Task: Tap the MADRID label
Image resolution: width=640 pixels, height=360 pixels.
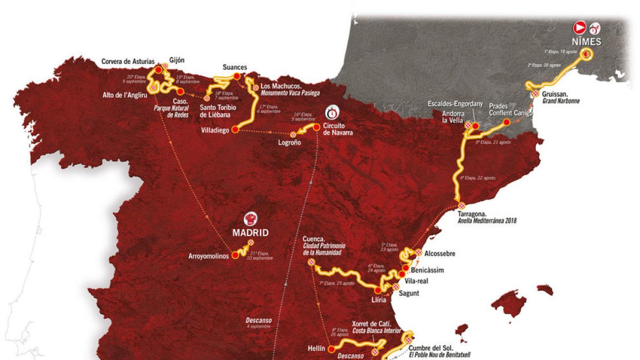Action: pyautogui.click(x=250, y=233)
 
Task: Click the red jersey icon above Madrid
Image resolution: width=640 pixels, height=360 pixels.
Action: pyautogui.click(x=250, y=219)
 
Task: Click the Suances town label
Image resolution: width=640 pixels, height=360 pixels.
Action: pyautogui.click(x=235, y=67)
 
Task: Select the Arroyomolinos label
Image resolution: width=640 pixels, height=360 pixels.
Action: pyautogui.click(x=207, y=256)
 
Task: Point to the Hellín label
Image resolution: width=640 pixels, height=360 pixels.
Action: pyautogui.click(x=316, y=348)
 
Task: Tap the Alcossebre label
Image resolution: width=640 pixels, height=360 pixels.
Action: pyautogui.click(x=441, y=254)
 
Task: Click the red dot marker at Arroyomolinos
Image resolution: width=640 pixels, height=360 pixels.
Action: pyautogui.click(x=234, y=255)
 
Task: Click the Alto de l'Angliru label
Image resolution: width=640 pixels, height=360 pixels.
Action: pyautogui.click(x=124, y=95)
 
